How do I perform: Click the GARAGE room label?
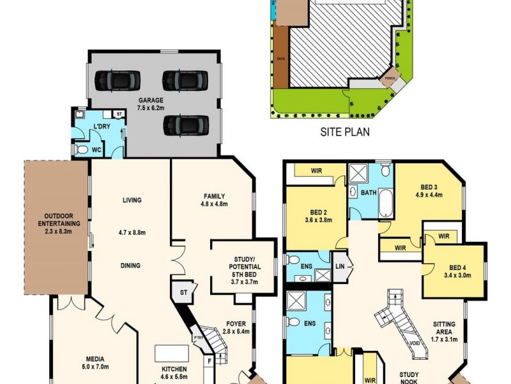pyautogui.click(x=151, y=100)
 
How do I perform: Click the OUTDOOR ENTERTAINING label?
pyautogui.click(x=57, y=220)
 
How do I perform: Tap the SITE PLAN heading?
pyautogui.click(x=346, y=133)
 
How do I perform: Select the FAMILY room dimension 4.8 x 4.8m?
pyautogui.click(x=215, y=205)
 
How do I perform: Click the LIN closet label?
pyautogui.click(x=340, y=266)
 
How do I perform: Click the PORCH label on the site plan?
pyautogui.click(x=389, y=79)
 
